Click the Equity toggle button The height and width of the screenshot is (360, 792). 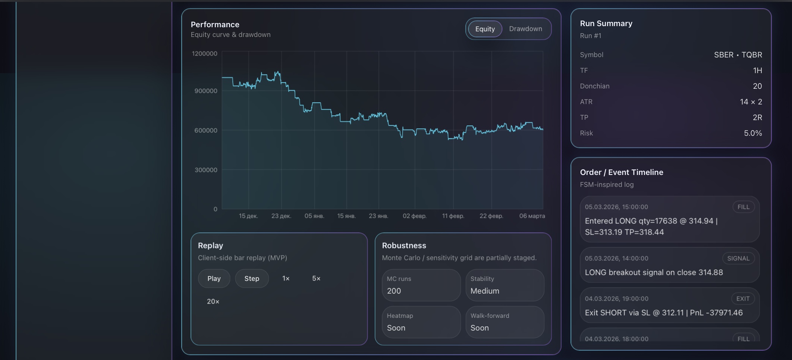[485, 29]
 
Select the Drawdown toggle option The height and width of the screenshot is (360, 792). [525, 29]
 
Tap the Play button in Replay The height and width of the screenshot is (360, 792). [214, 279]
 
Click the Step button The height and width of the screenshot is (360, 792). [252, 279]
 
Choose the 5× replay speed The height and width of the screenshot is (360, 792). [316, 279]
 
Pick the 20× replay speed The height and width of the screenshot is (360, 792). [213, 301]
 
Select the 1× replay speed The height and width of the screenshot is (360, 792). [286, 279]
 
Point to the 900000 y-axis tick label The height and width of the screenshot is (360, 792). [205, 91]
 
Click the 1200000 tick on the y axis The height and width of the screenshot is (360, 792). [204, 54]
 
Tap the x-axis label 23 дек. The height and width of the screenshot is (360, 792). [281, 216]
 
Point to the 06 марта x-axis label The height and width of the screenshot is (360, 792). [532, 216]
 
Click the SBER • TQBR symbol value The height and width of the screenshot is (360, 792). [738, 55]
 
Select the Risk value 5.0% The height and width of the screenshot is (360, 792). [752, 133]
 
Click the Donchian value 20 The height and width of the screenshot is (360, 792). [757, 86]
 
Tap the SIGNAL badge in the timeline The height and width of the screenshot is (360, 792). [738, 259]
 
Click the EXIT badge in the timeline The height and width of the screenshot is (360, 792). [742, 299]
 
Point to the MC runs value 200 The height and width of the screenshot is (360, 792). [394, 291]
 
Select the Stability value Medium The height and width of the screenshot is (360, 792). [484, 291]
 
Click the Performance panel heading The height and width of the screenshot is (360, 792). [215, 25]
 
